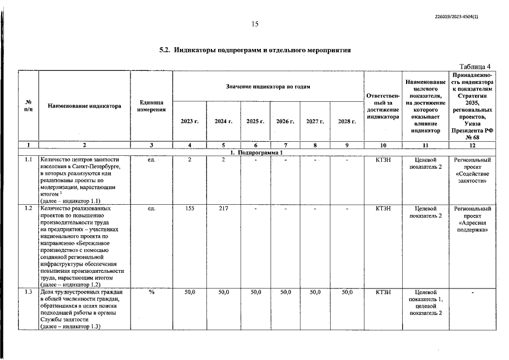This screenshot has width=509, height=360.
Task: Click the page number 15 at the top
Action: coord(254,24)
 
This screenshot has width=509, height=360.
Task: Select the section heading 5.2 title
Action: coord(255,50)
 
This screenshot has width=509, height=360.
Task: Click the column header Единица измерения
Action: coord(151,105)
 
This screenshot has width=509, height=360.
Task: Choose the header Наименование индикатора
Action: coord(84,105)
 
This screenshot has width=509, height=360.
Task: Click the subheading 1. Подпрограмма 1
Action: coord(256,153)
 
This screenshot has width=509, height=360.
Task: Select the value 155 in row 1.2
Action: coord(190,209)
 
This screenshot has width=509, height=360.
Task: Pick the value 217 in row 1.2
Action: coord(223,209)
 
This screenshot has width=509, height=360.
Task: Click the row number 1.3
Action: coord(28,292)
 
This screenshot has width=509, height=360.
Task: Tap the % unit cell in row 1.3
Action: coord(151,292)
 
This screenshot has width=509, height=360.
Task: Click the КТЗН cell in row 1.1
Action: coord(382,160)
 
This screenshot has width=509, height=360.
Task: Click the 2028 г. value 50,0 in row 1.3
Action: coord(347,292)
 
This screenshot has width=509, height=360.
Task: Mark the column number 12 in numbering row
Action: coord(472,146)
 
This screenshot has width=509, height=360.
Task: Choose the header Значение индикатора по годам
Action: coord(268,86)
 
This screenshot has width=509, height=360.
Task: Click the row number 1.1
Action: coord(28,160)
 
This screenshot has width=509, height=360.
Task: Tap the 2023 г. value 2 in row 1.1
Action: coord(190,160)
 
